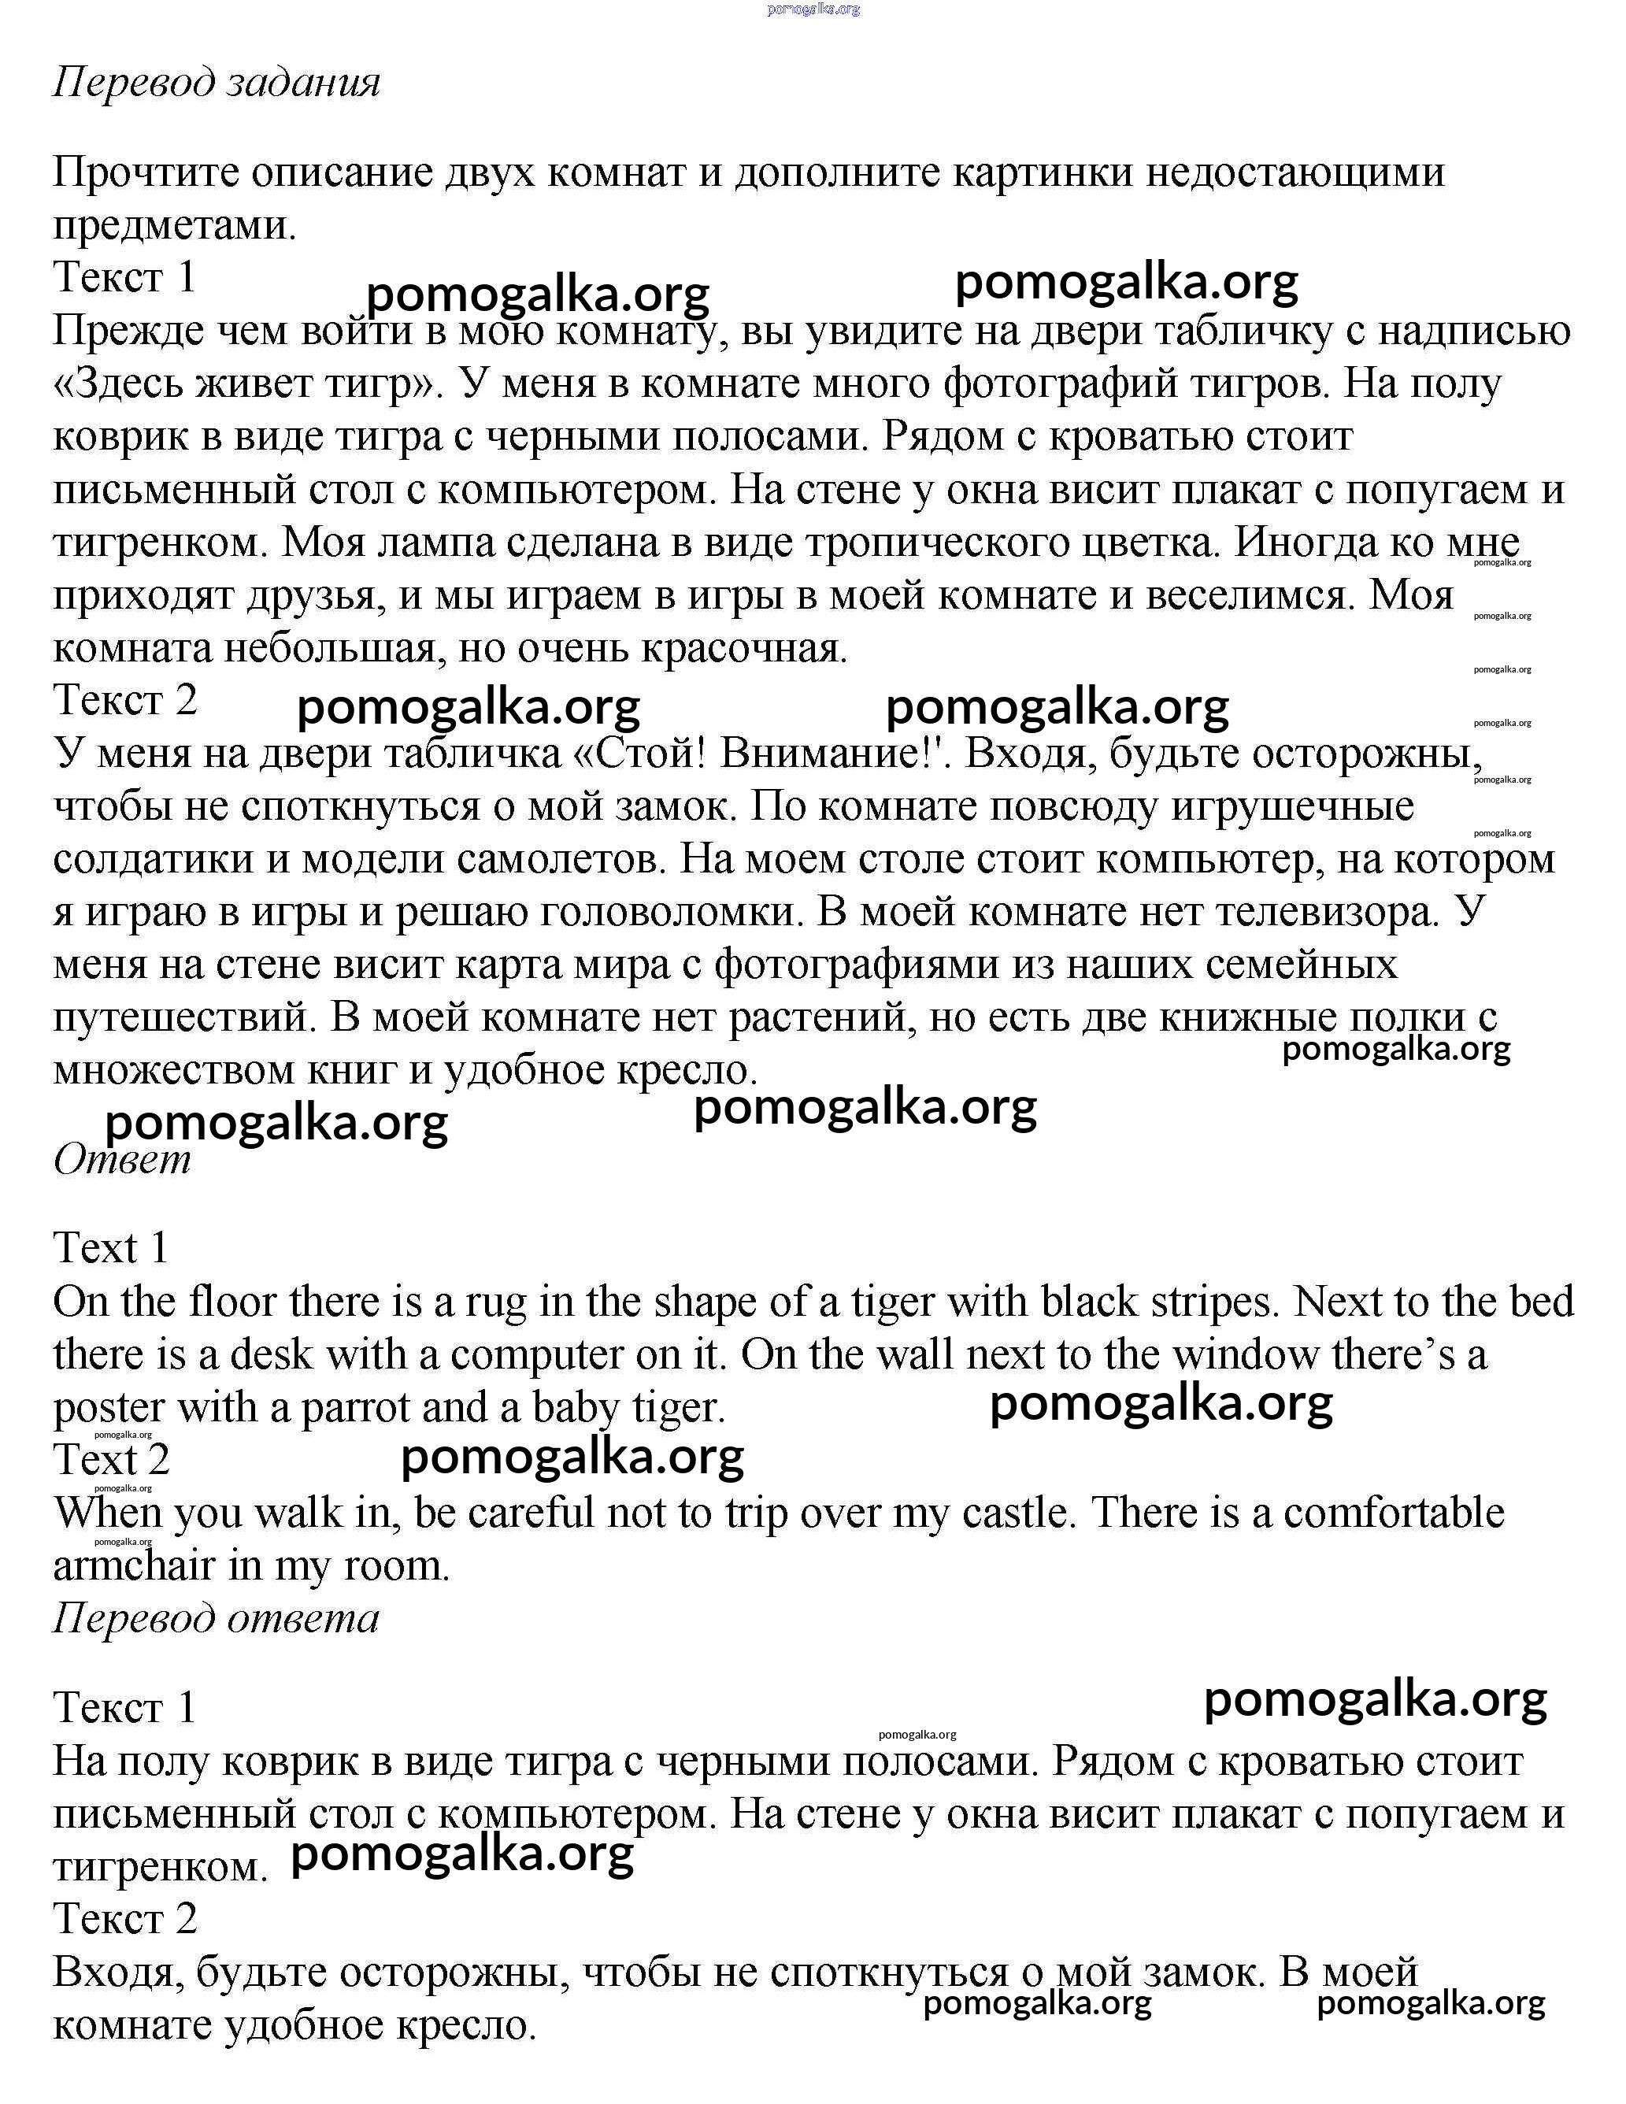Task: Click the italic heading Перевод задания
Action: pos(217,83)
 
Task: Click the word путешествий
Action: pos(183,1017)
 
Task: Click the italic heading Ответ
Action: pos(122,1159)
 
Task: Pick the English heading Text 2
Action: pos(112,1460)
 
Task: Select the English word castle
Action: pos(1019,1513)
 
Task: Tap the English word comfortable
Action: pos(1393,1513)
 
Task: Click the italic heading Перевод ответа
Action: pos(217,1618)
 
